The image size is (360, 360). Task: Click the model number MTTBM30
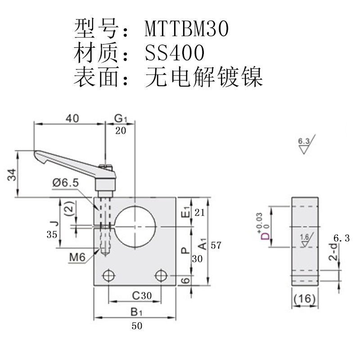pos(187,29)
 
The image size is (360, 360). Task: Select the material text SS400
pos(175,53)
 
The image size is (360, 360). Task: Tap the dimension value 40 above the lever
pos(72,118)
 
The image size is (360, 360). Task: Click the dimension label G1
pos(121,118)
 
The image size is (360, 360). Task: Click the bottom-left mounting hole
pos(108,276)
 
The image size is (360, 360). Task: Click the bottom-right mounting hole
pos(160,276)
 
